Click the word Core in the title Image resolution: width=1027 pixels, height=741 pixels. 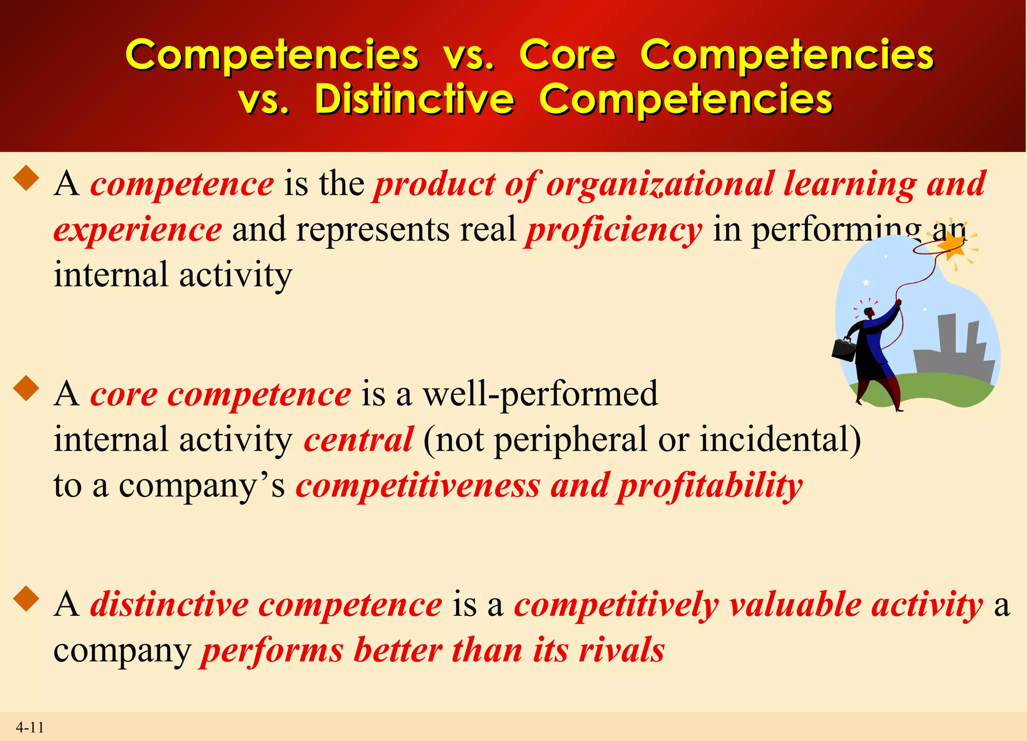567,55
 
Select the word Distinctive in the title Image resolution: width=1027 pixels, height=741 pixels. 414,99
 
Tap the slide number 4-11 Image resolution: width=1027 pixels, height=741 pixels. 30,727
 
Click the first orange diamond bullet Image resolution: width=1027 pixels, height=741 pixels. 27,179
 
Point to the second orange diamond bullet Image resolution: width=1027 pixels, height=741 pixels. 27,389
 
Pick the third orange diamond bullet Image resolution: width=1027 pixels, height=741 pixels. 27,600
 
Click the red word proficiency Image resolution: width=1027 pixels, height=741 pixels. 614,230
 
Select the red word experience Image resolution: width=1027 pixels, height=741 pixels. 138,230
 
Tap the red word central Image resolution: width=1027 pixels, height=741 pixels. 359,439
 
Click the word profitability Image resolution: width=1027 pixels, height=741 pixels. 710,485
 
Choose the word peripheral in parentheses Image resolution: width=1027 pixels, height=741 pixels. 571,439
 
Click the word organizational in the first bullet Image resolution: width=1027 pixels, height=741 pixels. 659,184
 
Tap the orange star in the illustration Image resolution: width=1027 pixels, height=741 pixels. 951,245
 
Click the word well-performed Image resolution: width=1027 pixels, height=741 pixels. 540,394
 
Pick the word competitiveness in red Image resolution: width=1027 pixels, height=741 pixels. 418,485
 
